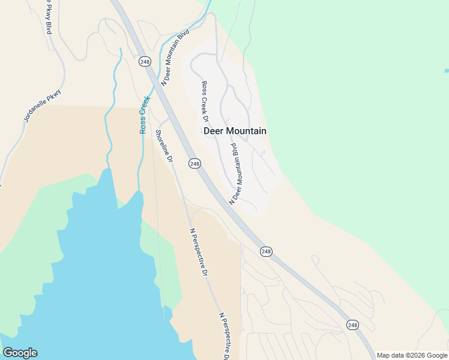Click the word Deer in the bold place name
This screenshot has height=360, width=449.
[x=216, y=131]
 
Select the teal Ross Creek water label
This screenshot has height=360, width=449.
[x=143, y=115]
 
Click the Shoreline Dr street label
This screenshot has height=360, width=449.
[x=164, y=146]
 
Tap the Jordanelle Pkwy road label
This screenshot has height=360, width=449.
[x=43, y=106]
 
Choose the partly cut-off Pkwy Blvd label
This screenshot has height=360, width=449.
[x=47, y=17]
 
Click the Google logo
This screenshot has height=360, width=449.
[x=20, y=353]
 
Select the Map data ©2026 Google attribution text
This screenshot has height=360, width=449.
[x=412, y=355]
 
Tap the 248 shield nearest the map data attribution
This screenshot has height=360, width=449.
[x=352, y=325]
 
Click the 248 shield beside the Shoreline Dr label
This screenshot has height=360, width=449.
[x=194, y=163]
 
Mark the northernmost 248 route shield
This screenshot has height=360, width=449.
[x=144, y=61]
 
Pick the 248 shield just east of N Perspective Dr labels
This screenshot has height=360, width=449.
[x=267, y=251]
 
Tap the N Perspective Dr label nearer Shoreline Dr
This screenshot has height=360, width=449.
[x=199, y=252]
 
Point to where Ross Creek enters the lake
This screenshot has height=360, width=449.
[x=139, y=193]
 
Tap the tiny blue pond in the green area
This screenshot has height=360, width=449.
[x=446, y=71]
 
